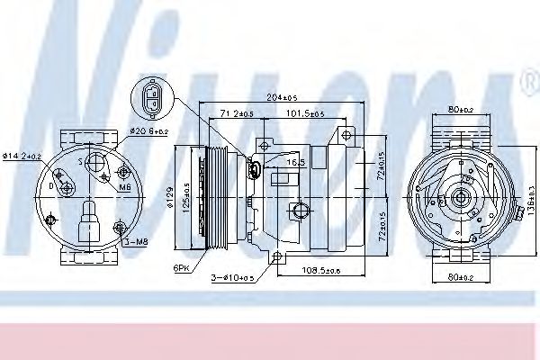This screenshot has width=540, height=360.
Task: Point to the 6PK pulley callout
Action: pyautogui.click(x=184, y=267)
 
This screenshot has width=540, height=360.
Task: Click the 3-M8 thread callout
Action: pyautogui.click(x=137, y=241)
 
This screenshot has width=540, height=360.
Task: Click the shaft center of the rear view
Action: pyautogui.click(x=462, y=197)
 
